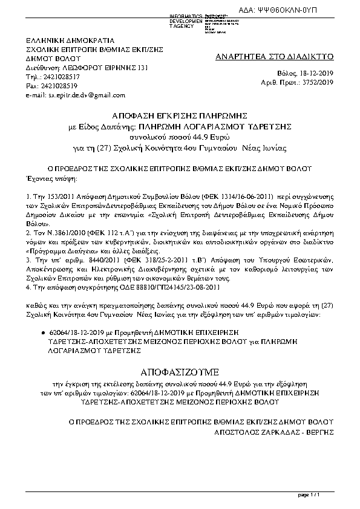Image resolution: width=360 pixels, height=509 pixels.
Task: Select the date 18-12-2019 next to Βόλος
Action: [x=321, y=73]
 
